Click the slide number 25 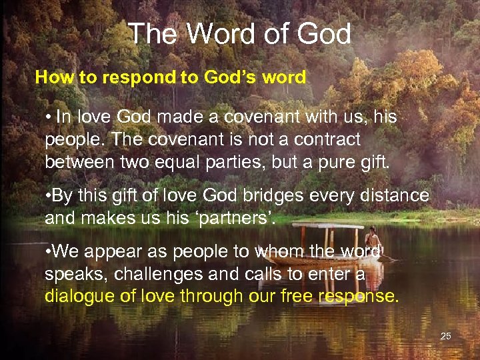point(446,336)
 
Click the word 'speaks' point(73,274)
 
